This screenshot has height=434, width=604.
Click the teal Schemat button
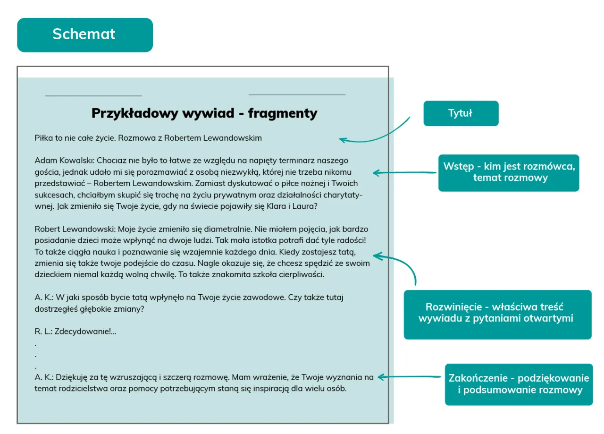85,34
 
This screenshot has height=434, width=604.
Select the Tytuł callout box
461,113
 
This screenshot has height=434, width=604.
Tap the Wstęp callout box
508,172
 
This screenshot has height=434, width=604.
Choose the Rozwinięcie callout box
497,314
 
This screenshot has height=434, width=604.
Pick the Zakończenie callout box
518,384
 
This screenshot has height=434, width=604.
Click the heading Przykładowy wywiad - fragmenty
204,113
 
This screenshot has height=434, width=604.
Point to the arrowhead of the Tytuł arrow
342,140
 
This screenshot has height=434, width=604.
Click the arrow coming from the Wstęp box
406,172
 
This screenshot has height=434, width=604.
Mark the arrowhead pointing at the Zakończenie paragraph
380,377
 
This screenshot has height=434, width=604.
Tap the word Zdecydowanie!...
83,332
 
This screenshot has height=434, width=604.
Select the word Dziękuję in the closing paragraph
71,377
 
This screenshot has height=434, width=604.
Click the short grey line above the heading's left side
93,96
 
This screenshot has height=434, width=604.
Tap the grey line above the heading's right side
297,94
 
